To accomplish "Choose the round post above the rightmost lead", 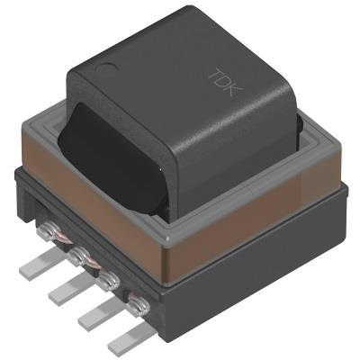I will (139, 305).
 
